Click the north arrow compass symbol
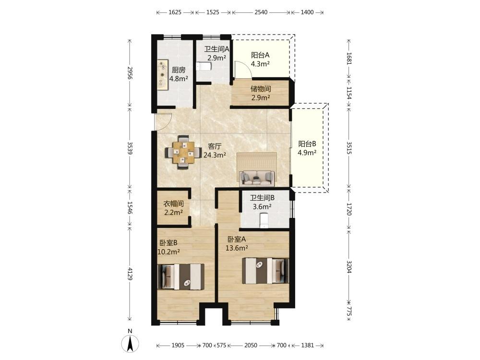coord(130,344)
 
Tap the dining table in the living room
coord(183,152)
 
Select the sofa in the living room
coord(256,178)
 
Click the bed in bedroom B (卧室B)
coord(181,277)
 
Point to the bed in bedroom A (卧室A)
coord(265,271)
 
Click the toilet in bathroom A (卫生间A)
coord(203,66)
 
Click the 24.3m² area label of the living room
coord(215,155)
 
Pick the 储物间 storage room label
coord(261,89)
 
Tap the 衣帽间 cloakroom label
coord(173,204)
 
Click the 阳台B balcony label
coord(307,144)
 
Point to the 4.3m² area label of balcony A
coord(260,64)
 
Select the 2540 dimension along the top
coord(261,12)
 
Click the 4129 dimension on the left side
coord(130,274)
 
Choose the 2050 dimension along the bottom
coord(251,345)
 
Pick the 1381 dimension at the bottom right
coord(307,345)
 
